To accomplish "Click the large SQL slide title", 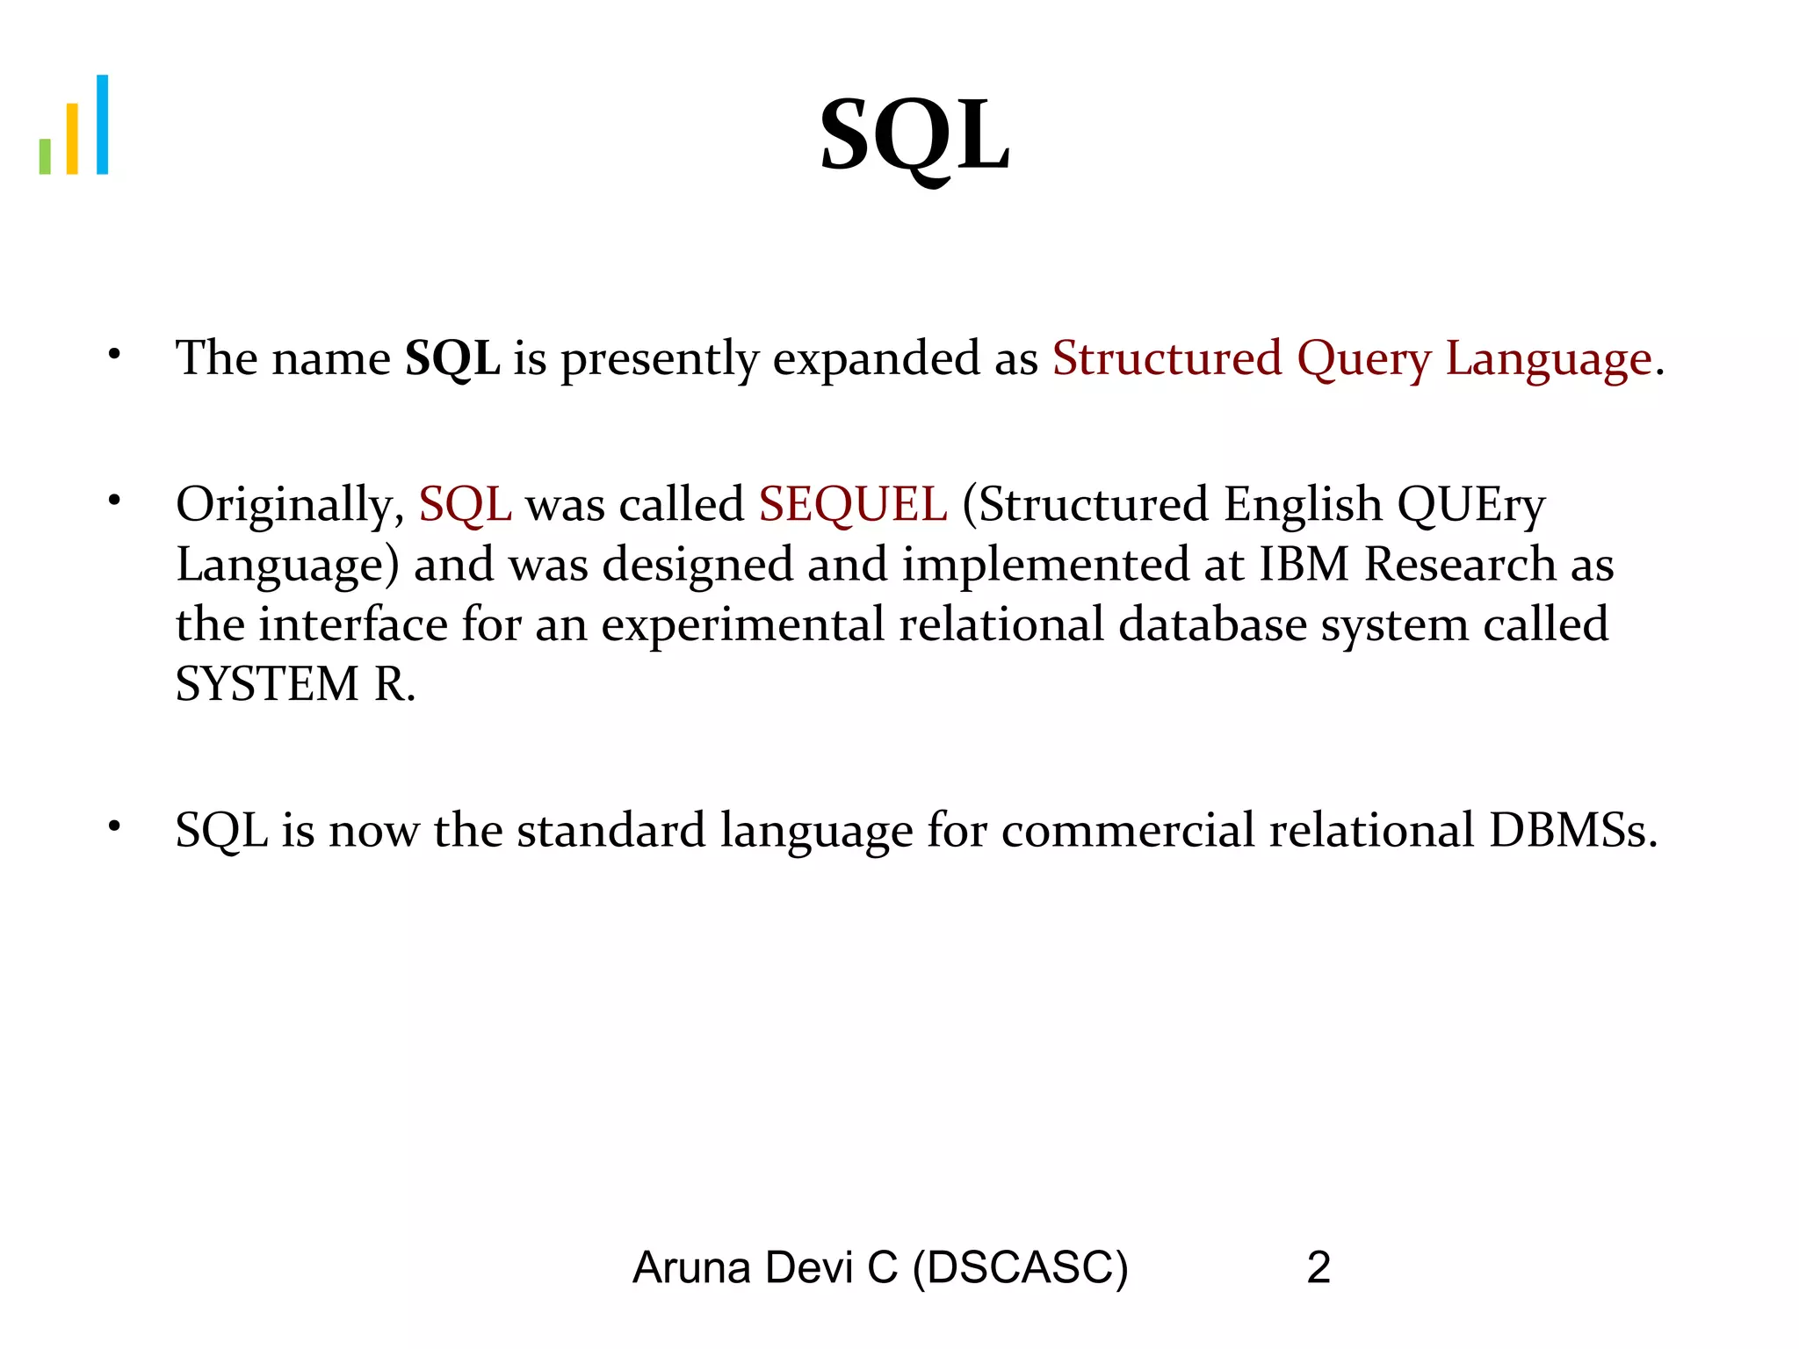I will (914, 137).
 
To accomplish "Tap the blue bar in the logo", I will (102, 125).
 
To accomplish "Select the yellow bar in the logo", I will (73, 139).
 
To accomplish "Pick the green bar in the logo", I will (45, 156).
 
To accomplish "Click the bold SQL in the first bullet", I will (452, 358).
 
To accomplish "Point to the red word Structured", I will (1167, 358).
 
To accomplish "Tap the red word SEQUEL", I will (853, 505).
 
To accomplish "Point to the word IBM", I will (1304, 564).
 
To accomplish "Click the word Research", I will (1460, 564).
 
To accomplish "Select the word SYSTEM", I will (268, 684).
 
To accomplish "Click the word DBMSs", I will (1572, 830).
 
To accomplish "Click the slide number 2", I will (1319, 1268).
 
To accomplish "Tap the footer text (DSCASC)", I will (1020, 1268).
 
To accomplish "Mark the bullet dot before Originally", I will (113, 501).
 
